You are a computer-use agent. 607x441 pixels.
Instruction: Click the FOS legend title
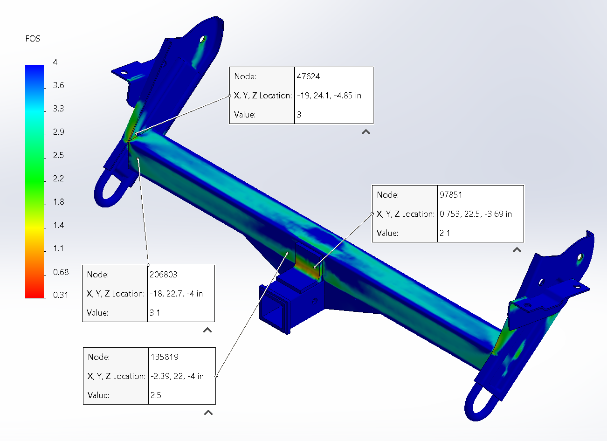[33, 39]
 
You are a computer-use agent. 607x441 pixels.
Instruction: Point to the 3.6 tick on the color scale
[58, 85]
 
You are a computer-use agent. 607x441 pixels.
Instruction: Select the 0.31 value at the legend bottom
[60, 295]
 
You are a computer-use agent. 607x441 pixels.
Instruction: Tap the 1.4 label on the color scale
[58, 225]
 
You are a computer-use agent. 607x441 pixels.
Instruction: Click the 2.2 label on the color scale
[58, 179]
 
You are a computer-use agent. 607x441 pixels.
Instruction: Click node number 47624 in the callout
[308, 76]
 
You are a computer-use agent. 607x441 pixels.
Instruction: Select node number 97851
[451, 195]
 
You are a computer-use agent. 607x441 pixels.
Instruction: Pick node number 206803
[163, 275]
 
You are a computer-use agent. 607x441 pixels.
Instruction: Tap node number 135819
[165, 357]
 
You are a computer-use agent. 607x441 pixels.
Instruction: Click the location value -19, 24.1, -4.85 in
[329, 96]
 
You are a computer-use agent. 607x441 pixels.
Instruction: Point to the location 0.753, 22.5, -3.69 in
[476, 214]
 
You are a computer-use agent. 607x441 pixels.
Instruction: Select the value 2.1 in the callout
[445, 233]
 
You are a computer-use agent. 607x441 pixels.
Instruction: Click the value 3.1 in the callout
[155, 313]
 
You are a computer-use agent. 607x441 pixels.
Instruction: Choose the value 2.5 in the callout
[156, 395]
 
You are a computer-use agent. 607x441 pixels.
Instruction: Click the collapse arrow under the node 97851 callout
[517, 250]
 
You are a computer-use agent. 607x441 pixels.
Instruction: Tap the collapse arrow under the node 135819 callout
[208, 413]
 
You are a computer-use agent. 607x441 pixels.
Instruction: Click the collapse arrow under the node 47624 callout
[366, 132]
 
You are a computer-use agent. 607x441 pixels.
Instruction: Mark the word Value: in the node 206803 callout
[97, 313]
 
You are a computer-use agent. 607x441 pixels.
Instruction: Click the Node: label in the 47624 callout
[245, 76]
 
